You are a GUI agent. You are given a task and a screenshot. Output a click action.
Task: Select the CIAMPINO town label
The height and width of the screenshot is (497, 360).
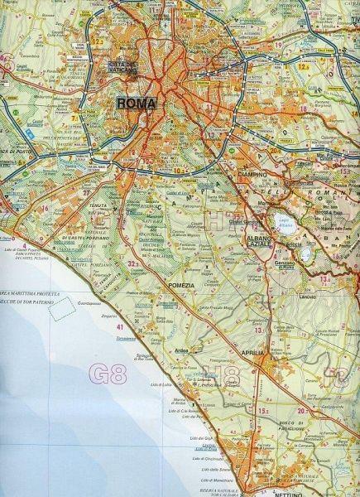[248, 176]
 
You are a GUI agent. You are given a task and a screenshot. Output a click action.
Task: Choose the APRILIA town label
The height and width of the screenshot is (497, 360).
[252, 354]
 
